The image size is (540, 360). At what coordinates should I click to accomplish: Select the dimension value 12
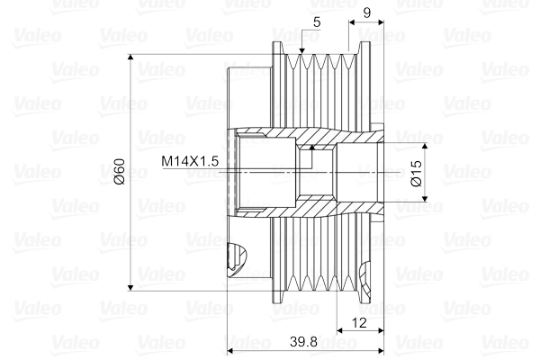[359, 321]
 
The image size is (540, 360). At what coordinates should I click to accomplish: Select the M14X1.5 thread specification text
[191, 161]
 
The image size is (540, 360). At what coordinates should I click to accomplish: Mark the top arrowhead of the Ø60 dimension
[133, 59]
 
